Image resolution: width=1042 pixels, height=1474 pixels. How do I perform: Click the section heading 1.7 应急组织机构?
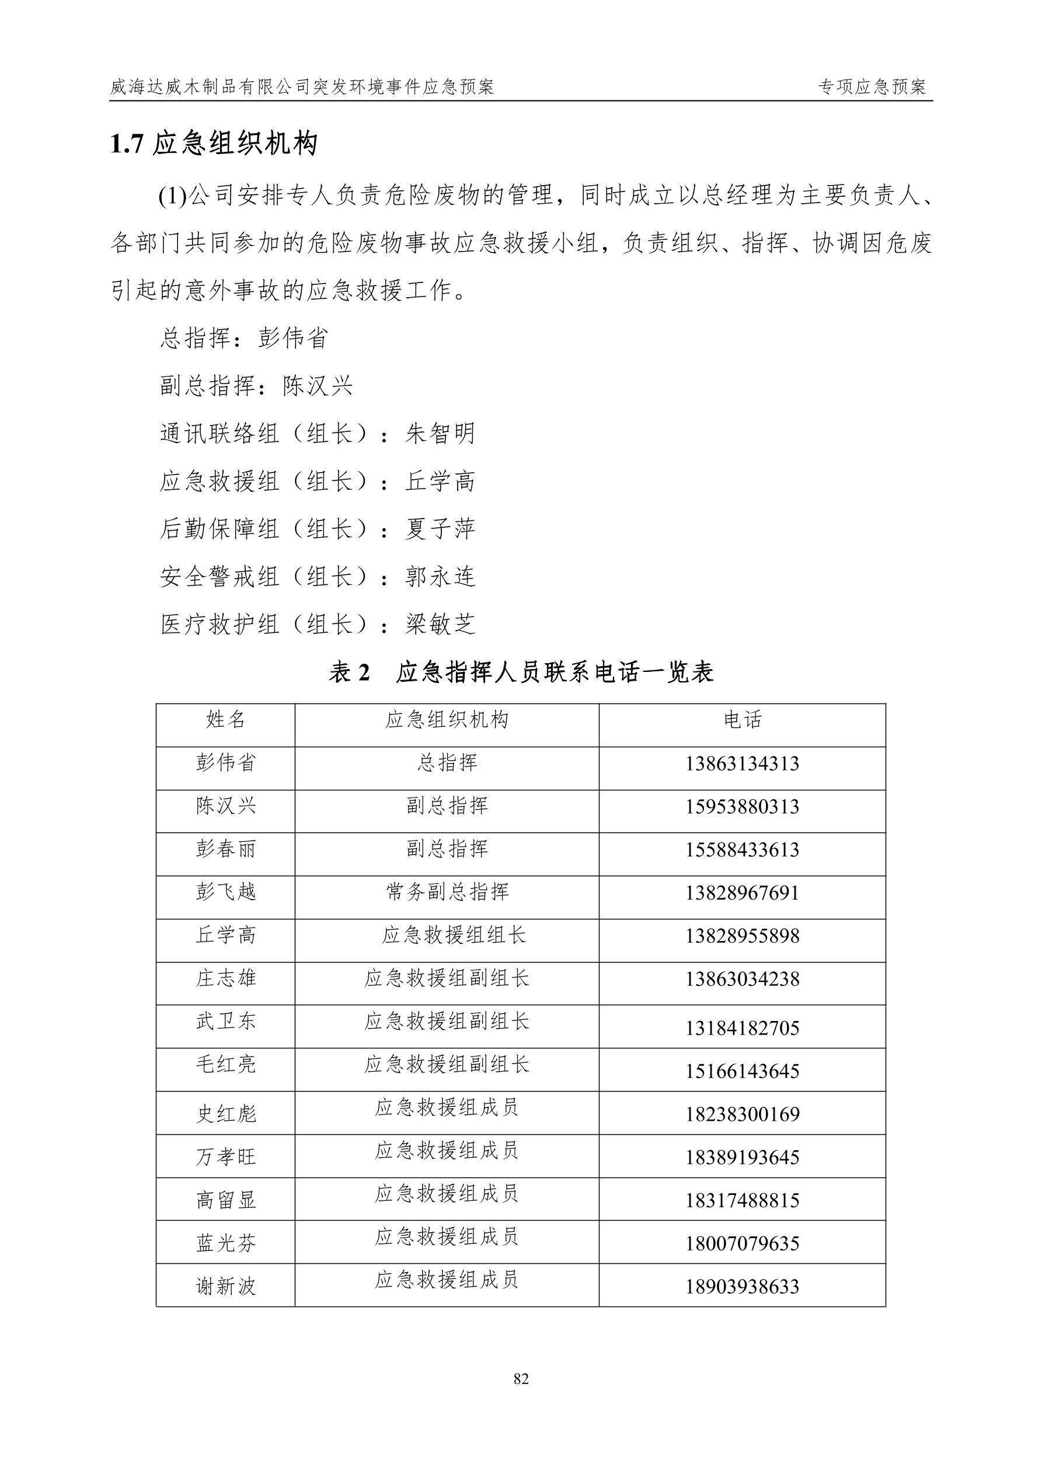click(214, 144)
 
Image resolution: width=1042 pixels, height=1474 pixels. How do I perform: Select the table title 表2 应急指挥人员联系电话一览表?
click(521, 672)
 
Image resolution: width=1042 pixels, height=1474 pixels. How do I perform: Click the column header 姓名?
click(225, 720)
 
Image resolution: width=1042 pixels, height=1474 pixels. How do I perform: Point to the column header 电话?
click(742, 720)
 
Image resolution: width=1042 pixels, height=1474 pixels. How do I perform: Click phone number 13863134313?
click(742, 764)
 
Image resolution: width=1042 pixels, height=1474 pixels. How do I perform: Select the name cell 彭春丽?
click(225, 849)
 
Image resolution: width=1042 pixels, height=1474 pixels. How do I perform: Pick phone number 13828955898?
click(742, 936)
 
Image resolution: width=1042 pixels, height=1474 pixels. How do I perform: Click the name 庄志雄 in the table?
click(225, 978)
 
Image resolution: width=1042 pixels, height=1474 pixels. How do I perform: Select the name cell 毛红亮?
click(225, 1064)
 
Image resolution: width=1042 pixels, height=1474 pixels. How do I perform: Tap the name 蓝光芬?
click(225, 1243)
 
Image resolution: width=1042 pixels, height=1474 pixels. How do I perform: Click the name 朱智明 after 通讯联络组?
click(440, 434)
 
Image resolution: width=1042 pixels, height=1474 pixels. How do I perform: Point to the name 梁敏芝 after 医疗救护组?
click(440, 624)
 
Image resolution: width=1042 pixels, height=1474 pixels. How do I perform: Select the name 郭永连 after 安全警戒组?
click(440, 577)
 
